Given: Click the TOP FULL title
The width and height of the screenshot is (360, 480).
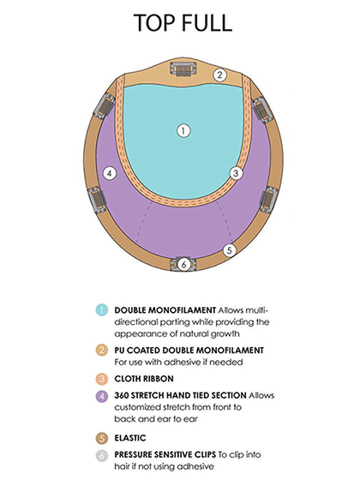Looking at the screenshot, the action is [183, 22].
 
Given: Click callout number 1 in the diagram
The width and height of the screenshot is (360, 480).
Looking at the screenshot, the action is [183, 131].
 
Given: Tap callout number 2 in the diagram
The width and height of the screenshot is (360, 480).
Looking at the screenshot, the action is [219, 75].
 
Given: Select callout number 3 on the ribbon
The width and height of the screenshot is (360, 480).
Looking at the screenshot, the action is [236, 173].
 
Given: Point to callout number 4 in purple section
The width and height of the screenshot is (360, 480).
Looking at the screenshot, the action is [110, 174].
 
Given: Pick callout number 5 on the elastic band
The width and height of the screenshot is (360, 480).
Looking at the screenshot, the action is [230, 250].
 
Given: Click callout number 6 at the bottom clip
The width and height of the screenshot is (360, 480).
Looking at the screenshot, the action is [183, 264].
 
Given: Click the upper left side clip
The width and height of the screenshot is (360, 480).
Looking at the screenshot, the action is [105, 106].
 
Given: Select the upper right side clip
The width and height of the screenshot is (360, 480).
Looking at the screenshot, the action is [262, 110].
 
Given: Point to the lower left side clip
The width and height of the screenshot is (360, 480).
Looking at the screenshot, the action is [98, 200].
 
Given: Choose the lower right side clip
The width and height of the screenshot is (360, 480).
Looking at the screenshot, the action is [269, 200].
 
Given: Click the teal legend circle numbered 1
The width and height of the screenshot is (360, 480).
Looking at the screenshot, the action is [102, 309].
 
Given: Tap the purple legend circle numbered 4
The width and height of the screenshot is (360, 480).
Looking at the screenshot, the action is [102, 396].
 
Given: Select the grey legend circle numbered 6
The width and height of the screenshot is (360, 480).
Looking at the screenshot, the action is [102, 455].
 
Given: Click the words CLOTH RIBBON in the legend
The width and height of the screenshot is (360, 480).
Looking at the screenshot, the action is [144, 379].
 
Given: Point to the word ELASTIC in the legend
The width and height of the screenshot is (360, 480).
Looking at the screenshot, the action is [130, 438].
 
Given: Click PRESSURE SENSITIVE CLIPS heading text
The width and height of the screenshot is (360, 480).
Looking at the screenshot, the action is [165, 454].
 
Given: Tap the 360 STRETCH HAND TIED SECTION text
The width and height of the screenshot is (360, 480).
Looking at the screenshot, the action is [180, 395].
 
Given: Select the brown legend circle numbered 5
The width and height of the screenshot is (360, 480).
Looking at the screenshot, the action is [102, 438].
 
